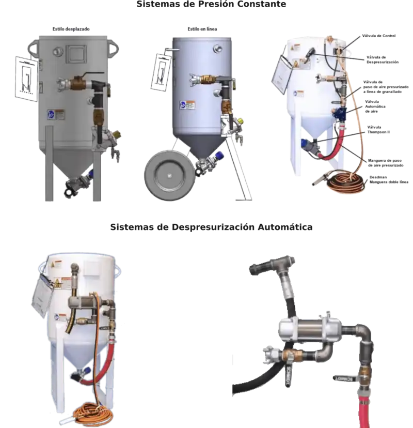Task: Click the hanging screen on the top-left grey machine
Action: pyautogui.click(x=26, y=77)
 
